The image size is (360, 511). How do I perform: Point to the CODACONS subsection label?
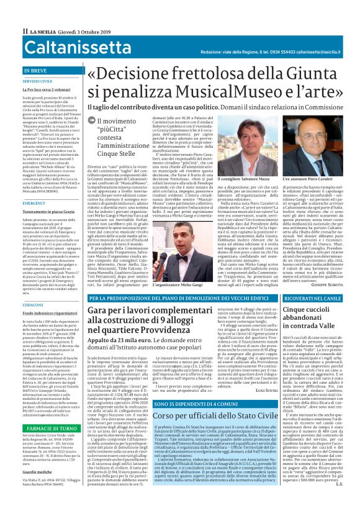pos(33,305)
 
